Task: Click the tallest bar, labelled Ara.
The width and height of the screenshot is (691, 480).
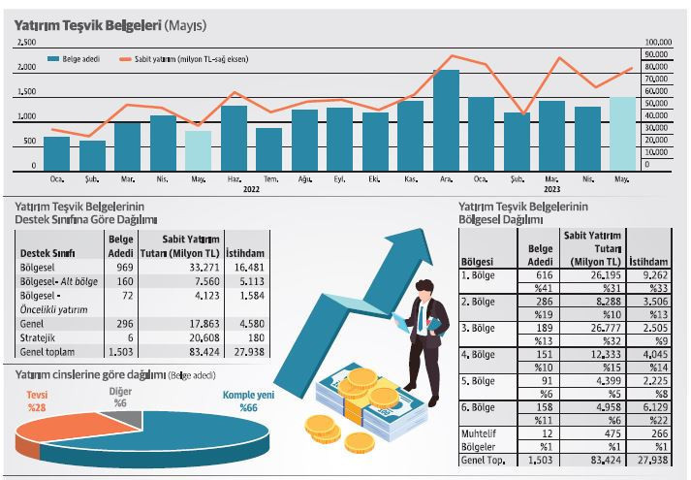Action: [446, 119]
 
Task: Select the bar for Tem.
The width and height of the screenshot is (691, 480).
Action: [268, 148]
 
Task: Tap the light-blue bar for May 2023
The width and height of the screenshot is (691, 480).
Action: [622, 133]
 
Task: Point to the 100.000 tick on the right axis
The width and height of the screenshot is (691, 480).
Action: [659, 43]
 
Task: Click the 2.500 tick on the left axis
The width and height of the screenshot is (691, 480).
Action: [27, 43]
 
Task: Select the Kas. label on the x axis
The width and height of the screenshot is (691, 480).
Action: [410, 179]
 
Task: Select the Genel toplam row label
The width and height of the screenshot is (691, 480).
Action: [47, 351]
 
